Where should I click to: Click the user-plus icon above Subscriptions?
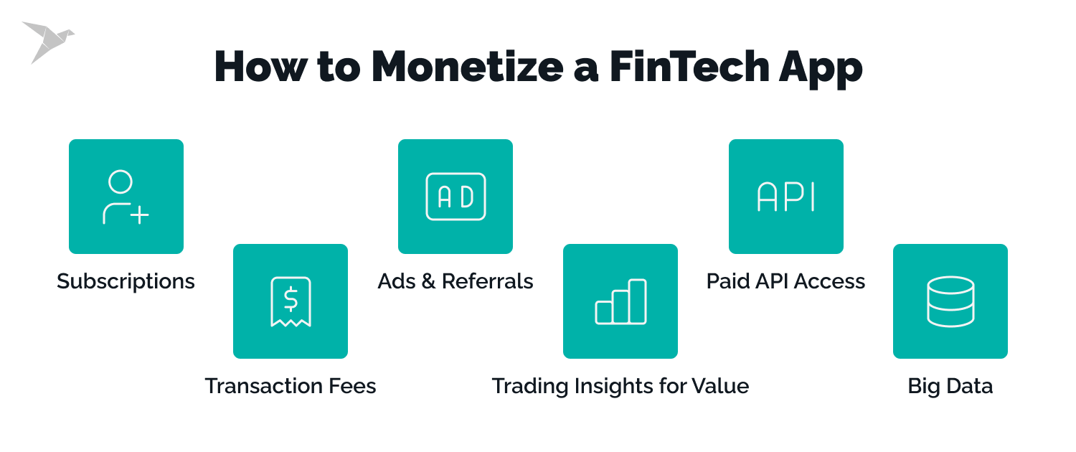[x=126, y=197]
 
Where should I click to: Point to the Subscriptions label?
[x=126, y=281]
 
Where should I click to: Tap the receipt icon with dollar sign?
[x=291, y=301]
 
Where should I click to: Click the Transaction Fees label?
[x=291, y=386]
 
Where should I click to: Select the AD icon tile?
[x=456, y=197]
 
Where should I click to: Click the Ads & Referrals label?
[x=456, y=281]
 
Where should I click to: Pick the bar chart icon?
[x=620, y=301]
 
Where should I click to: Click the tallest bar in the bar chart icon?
[x=638, y=301]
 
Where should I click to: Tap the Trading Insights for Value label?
[x=620, y=386]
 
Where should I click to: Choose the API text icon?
[x=786, y=197]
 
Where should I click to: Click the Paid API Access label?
[x=786, y=281]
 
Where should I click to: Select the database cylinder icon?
[x=950, y=301]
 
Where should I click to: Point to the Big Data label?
[x=950, y=386]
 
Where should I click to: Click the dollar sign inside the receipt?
[x=291, y=297]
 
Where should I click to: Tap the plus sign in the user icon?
[x=139, y=215]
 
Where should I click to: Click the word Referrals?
[x=488, y=281]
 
